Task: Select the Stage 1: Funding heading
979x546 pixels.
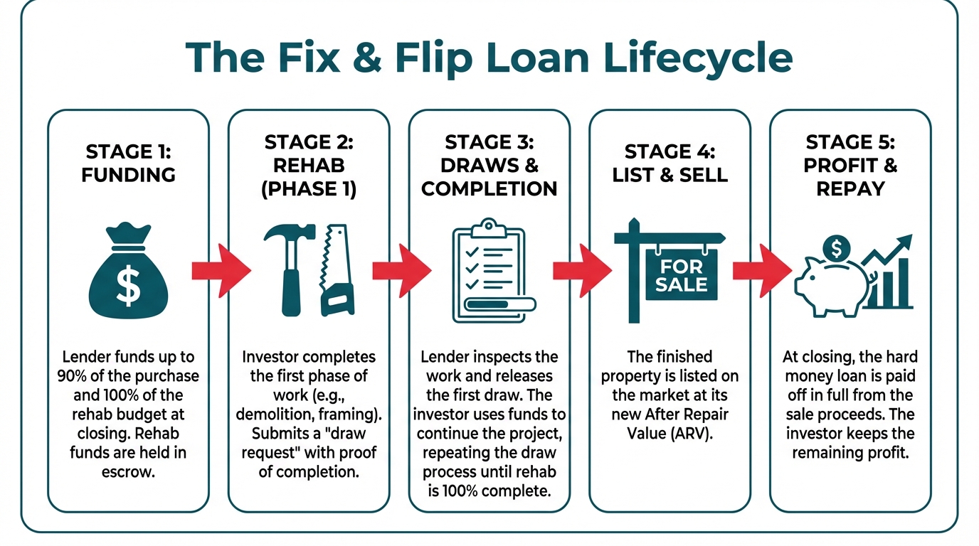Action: pyautogui.click(x=128, y=163)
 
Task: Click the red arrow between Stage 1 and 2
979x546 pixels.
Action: pyautogui.click(x=219, y=270)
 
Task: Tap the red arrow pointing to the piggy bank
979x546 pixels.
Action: pyautogui.click(x=761, y=270)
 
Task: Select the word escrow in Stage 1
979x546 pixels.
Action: pyautogui.click(x=128, y=471)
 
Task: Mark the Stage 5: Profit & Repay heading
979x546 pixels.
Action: pyautogui.click(x=850, y=166)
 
